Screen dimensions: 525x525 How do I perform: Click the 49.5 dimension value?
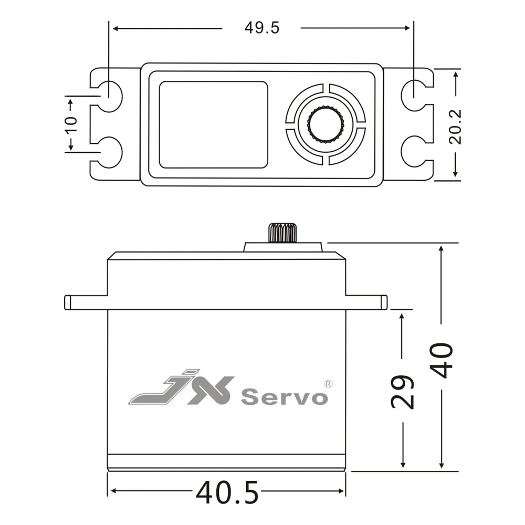click(261, 28)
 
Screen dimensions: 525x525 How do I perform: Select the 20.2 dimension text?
click(455, 127)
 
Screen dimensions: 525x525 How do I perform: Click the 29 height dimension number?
click(403, 392)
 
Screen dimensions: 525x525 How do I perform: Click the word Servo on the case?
click(284, 397)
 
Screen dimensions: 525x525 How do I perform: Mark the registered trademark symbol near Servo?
click(328, 384)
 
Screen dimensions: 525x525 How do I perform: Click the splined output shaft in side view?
click(282, 233)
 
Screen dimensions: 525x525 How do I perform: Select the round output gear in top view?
click(325, 124)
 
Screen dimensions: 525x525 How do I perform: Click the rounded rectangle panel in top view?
click(213, 124)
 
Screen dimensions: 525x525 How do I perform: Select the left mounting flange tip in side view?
click(68, 302)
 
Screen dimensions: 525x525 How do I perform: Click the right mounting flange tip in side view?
click(384, 302)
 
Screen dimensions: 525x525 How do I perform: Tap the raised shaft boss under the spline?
click(282, 247)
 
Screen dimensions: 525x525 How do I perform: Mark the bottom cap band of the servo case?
click(226, 461)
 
